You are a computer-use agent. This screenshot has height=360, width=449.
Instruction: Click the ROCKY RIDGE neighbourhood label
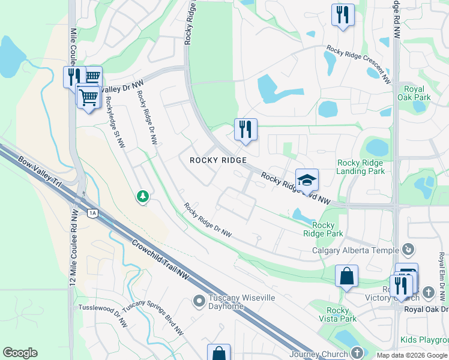(218, 160)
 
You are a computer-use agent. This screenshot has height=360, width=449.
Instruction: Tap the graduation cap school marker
(307, 179)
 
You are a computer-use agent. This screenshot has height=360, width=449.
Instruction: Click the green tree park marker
(142, 196)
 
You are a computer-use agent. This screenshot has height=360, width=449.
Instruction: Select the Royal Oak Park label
(414, 93)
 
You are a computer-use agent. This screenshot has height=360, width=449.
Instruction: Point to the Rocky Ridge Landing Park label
(360, 166)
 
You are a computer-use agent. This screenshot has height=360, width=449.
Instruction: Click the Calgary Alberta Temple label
(355, 250)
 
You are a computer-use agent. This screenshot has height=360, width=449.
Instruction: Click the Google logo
(20, 353)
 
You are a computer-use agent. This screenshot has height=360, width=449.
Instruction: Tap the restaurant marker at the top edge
(342, 14)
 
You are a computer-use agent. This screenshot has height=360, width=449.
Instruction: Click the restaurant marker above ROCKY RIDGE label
(245, 129)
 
